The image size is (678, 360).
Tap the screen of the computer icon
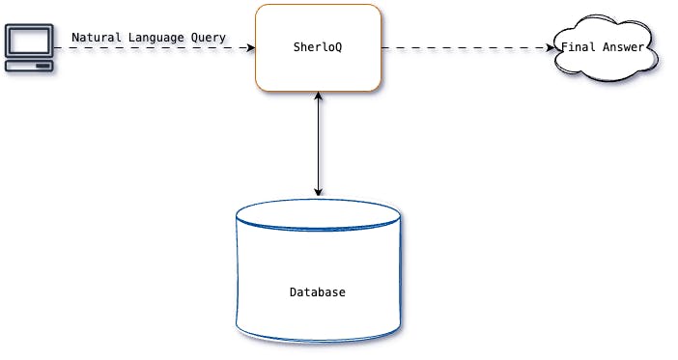click(28, 42)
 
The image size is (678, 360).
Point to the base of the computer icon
click(28, 66)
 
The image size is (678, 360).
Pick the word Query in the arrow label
click(210, 38)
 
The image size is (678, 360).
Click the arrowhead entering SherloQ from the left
click(251, 47)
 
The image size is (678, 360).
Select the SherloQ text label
click(318, 47)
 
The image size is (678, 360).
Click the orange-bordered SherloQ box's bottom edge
click(318, 91)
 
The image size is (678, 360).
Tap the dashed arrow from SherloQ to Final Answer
click(464, 47)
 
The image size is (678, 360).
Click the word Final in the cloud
click(577, 47)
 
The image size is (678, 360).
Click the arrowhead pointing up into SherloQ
click(318, 96)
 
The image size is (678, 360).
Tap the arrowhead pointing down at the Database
click(318, 192)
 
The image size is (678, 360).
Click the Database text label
click(318, 291)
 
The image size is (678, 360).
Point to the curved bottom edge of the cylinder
click(318, 340)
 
